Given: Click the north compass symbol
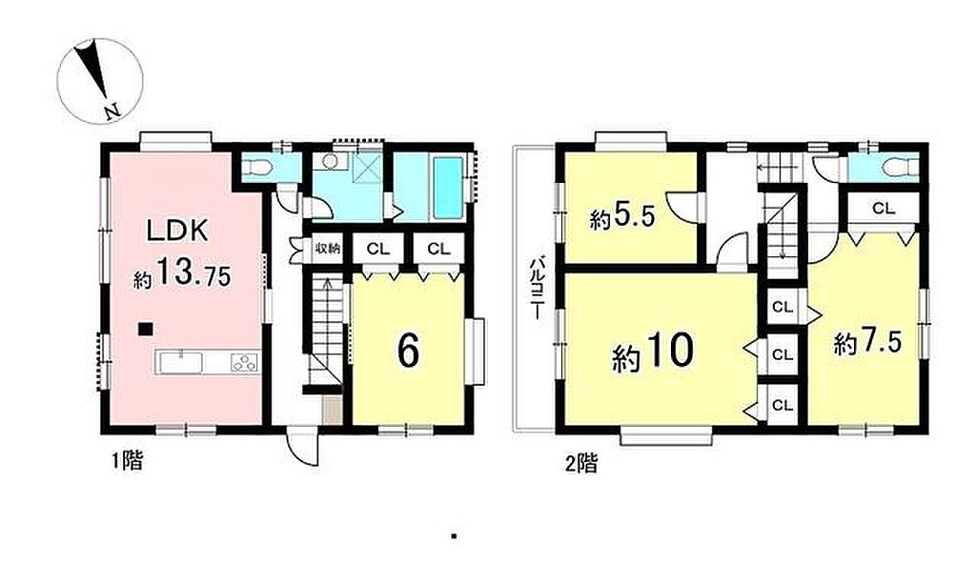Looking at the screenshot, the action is [100, 80].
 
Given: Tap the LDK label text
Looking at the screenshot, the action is [176, 232].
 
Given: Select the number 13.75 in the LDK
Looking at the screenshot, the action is [193, 273].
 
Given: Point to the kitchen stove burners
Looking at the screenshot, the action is [245, 362].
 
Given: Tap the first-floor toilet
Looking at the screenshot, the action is [257, 166].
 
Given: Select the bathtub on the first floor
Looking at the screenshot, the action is [448, 188].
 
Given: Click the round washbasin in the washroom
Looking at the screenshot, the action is [330, 162].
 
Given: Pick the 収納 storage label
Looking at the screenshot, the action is [328, 249].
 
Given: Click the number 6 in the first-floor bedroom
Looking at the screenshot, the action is [408, 351].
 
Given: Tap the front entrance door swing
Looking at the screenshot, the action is [305, 448].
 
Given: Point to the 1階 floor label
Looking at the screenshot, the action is [127, 461].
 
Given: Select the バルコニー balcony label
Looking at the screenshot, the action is [536, 289].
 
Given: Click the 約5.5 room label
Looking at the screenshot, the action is [622, 218].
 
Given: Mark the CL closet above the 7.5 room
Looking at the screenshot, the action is [883, 209].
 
